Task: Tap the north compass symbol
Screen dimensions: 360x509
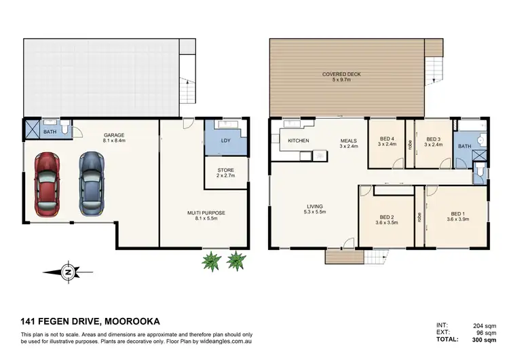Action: pos(69,272)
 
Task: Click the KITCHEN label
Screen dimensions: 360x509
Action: pos(299,141)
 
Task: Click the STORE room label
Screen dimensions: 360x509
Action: pos(225,170)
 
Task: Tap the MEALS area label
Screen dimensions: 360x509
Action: pos(349,141)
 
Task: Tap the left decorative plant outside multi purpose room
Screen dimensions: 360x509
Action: pos(212,260)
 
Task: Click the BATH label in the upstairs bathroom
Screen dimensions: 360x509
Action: pos(464,146)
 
